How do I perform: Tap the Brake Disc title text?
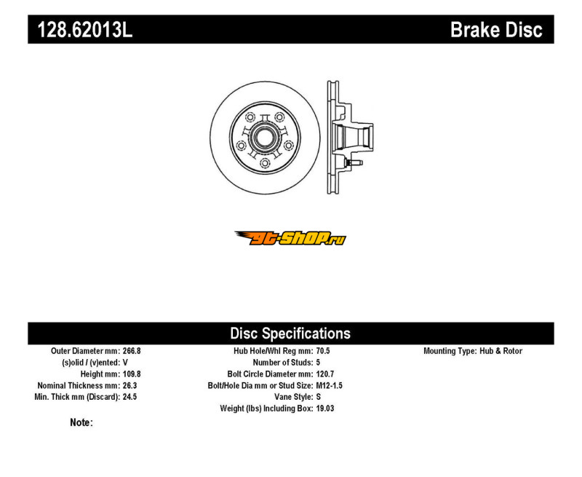[496, 30]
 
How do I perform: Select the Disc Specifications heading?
[290, 334]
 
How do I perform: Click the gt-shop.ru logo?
[290, 237]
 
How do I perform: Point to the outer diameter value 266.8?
[132, 351]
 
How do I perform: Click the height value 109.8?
[132, 374]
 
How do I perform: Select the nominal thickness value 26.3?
[129, 385]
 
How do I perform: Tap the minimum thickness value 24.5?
[129, 397]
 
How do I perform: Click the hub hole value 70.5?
[323, 351]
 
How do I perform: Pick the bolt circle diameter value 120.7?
[325, 374]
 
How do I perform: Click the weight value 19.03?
[325, 409]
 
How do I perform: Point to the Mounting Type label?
[449, 351]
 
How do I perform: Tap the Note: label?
[81, 422]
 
